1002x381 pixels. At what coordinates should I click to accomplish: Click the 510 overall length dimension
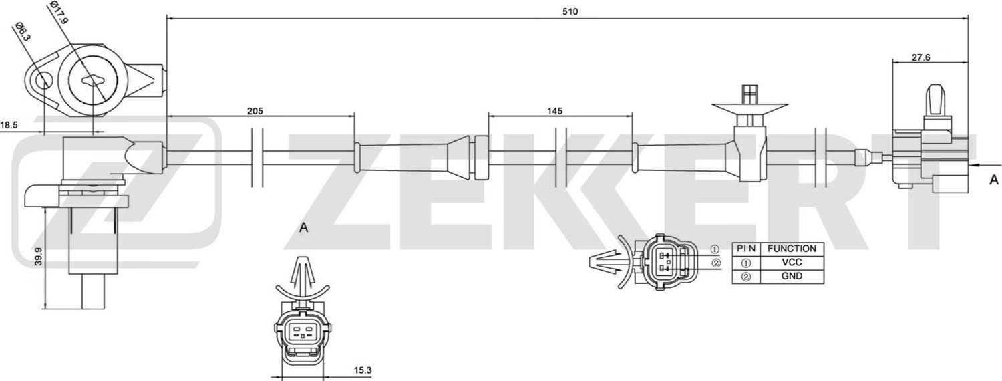(x=569, y=11)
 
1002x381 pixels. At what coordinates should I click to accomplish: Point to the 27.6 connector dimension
(x=921, y=58)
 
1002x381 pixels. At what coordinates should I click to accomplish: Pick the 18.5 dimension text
(x=10, y=125)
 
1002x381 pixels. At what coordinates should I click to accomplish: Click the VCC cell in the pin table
(x=792, y=263)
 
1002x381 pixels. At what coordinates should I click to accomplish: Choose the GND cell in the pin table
(x=792, y=276)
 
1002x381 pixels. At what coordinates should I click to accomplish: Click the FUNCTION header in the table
(x=792, y=249)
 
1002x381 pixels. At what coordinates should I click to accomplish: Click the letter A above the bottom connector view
(x=303, y=228)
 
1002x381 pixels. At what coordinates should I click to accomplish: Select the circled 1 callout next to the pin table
(x=714, y=249)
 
